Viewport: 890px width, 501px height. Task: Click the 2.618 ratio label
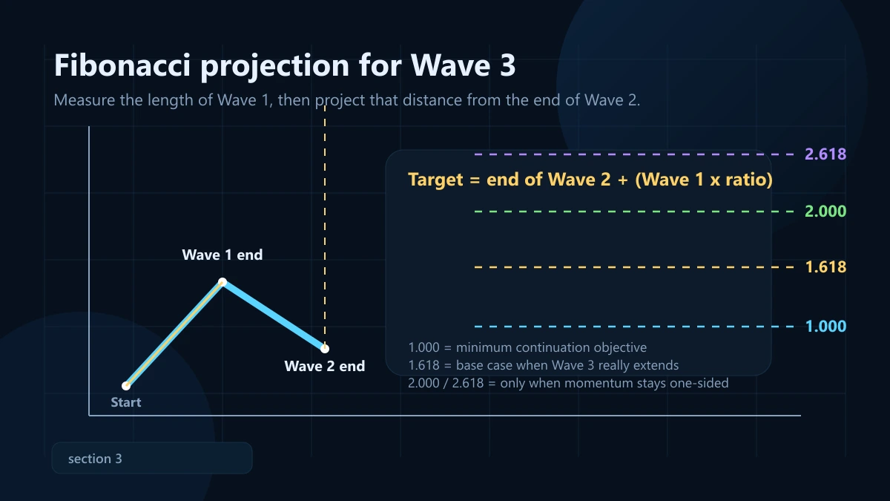click(x=825, y=154)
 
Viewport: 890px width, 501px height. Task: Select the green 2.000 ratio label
click(x=825, y=212)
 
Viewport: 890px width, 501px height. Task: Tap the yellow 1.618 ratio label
click(x=825, y=267)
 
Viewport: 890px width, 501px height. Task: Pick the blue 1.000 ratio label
click(x=825, y=327)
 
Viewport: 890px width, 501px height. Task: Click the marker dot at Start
click(x=126, y=386)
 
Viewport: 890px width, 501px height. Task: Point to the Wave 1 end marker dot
click(x=222, y=282)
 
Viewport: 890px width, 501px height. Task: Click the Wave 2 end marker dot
click(x=325, y=348)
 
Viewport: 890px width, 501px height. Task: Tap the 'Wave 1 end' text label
click(x=222, y=255)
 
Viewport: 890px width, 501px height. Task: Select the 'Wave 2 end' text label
click(x=325, y=366)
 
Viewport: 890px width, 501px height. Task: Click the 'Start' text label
click(x=126, y=402)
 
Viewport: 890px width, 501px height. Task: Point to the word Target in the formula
click(x=435, y=180)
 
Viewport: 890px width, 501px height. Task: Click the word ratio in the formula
click(x=746, y=180)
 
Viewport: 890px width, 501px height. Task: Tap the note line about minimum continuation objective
click(x=527, y=347)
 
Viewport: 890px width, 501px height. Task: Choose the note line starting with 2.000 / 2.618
click(x=568, y=383)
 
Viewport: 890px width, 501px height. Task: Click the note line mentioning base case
click(x=544, y=365)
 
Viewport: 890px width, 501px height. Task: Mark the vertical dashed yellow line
click(x=325, y=223)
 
